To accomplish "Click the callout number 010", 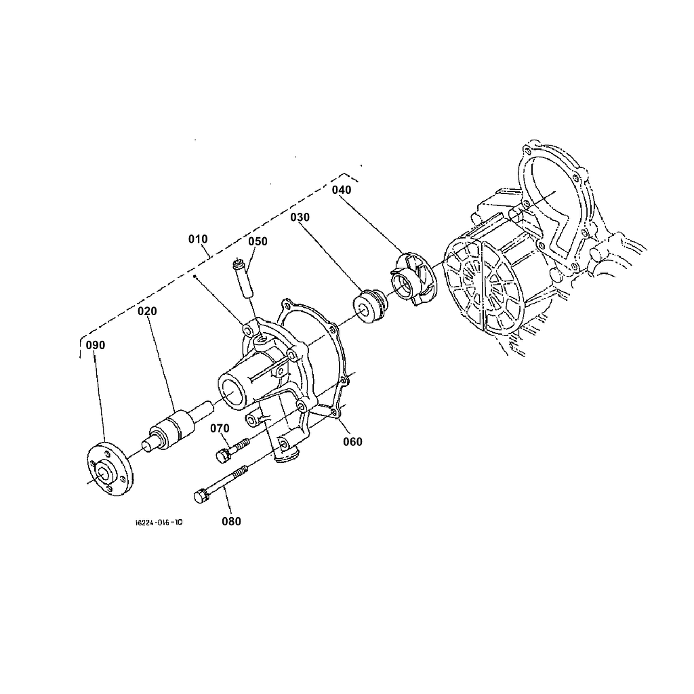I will (199, 239).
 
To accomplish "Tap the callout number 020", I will (147, 311).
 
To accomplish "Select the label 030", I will (300, 218).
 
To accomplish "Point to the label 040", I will (342, 190).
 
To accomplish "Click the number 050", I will (258, 241).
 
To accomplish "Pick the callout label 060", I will (352, 442).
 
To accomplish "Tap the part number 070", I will (220, 428).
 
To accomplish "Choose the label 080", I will (231, 521).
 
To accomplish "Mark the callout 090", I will (96, 345).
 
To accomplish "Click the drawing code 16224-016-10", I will (159, 523).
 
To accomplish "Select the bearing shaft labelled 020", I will (173, 428).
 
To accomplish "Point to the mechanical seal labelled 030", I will (369, 306).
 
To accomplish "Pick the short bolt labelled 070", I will (230, 449).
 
